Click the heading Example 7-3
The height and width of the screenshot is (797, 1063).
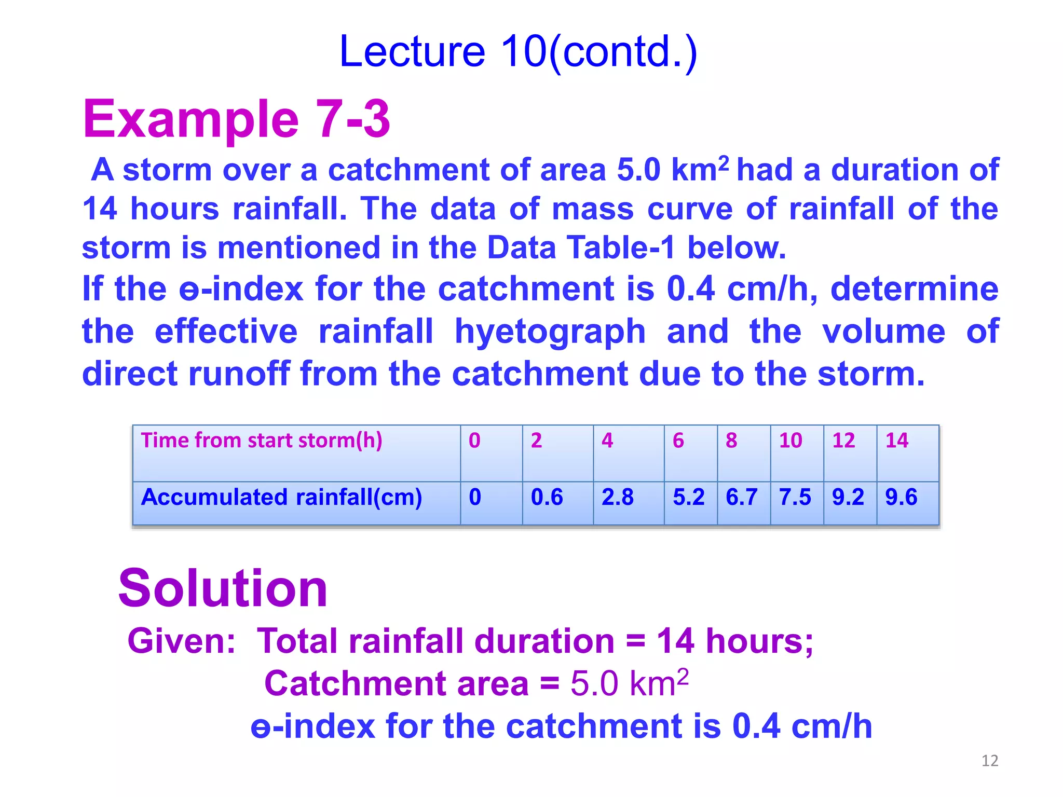(x=236, y=119)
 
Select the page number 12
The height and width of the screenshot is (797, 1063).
(x=989, y=761)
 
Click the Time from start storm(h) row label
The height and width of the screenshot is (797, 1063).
(x=262, y=441)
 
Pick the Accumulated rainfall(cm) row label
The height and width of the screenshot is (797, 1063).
(x=281, y=497)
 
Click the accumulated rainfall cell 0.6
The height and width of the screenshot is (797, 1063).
(x=547, y=497)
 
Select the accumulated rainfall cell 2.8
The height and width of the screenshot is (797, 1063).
(x=617, y=497)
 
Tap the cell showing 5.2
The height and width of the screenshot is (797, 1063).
(x=688, y=497)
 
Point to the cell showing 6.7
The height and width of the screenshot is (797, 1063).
(x=741, y=497)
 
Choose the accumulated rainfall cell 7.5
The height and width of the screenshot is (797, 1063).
(x=795, y=497)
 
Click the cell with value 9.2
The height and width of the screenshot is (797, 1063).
(x=848, y=497)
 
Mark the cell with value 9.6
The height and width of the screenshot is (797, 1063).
(x=901, y=497)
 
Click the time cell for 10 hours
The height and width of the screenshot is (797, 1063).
(x=791, y=441)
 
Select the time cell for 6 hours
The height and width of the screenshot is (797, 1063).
(x=678, y=441)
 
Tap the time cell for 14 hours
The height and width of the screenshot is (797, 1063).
(x=896, y=441)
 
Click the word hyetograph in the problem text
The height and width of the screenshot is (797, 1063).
(x=550, y=332)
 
